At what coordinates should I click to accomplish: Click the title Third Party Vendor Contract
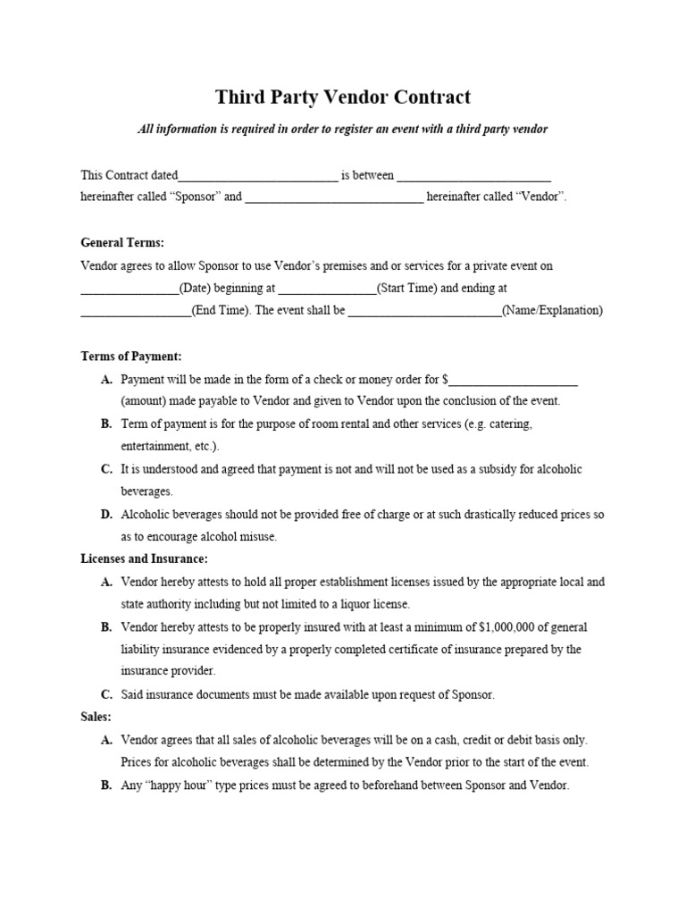(x=342, y=97)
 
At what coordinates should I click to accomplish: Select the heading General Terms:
(x=122, y=242)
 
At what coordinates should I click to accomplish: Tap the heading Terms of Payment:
(x=130, y=356)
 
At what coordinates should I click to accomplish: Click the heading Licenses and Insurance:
(x=144, y=558)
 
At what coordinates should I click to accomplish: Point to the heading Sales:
(x=96, y=717)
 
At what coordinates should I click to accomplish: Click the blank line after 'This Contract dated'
(x=258, y=176)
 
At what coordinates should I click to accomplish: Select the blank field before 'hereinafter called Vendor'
(x=334, y=197)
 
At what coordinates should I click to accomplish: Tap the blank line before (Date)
(x=130, y=290)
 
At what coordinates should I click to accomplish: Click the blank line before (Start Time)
(x=327, y=290)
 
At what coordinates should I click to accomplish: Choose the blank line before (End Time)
(x=136, y=312)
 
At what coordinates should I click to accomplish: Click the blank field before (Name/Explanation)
(x=424, y=312)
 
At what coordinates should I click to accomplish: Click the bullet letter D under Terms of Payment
(x=106, y=515)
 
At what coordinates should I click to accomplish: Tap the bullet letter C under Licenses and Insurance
(x=106, y=694)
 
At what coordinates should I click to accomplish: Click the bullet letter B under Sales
(x=106, y=785)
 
